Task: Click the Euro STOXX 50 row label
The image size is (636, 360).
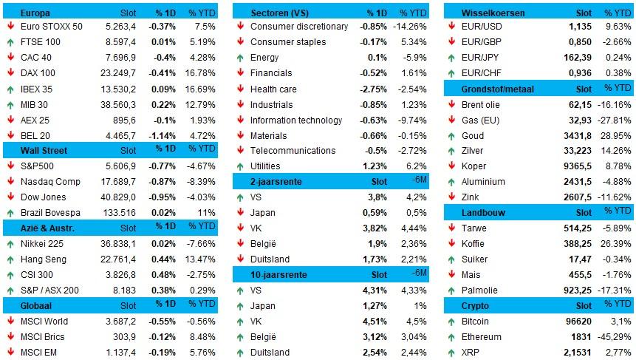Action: click(x=51, y=27)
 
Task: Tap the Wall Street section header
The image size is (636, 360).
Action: click(x=44, y=150)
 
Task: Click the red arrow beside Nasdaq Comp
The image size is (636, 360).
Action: click(x=11, y=181)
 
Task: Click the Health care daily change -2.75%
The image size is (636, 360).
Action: click(x=371, y=89)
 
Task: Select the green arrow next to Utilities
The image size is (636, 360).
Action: click(x=240, y=166)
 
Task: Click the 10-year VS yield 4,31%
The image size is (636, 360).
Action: click(x=374, y=291)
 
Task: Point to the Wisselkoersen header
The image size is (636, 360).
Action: click(x=494, y=13)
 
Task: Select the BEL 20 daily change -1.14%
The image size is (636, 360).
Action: click(x=162, y=135)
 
